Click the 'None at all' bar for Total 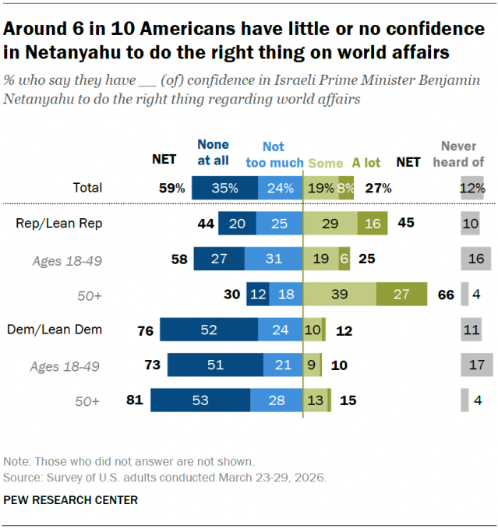click(x=224, y=188)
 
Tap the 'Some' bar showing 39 click(x=339, y=294)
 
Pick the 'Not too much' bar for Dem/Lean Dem click(x=280, y=330)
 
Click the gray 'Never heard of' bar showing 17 click(x=475, y=365)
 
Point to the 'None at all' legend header click(x=213, y=153)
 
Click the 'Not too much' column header click(x=273, y=154)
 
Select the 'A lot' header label click(x=366, y=163)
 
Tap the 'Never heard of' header click(x=462, y=154)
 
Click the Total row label click(x=87, y=188)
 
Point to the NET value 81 click(x=134, y=400)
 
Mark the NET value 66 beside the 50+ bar click(x=446, y=294)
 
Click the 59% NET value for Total click(x=171, y=188)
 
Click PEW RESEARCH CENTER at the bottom click(x=71, y=500)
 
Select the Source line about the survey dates click(x=165, y=476)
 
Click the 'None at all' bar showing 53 click(x=200, y=400)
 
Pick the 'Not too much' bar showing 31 click(x=273, y=259)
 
